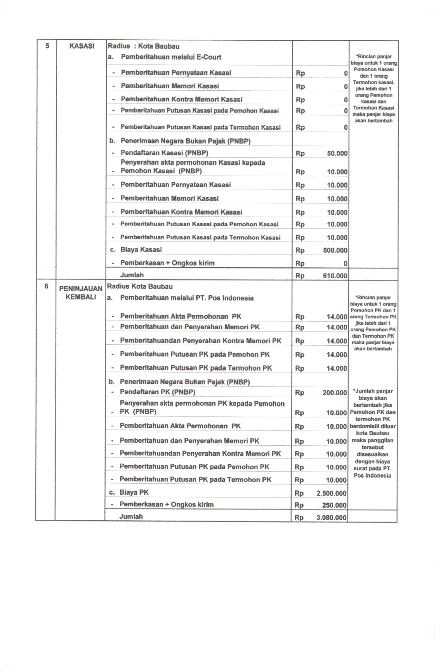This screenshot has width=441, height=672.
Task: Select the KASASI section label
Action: pyautogui.click(x=82, y=46)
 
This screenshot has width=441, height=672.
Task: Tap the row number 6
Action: pyautogui.click(x=47, y=286)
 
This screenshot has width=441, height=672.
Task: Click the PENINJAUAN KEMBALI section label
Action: pyautogui.click(x=81, y=293)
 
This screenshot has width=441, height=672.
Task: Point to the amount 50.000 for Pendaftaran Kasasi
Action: pyautogui.click(x=337, y=154)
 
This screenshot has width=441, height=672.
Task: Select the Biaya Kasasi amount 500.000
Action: pyautogui.click(x=335, y=250)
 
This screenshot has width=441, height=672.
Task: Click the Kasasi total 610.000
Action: pyautogui.click(x=335, y=276)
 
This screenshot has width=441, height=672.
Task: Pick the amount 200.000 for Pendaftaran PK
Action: pyautogui.click(x=334, y=393)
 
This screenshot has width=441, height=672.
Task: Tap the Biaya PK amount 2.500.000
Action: pyautogui.click(x=331, y=493)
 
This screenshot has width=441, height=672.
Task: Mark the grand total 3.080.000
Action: pyautogui.click(x=331, y=518)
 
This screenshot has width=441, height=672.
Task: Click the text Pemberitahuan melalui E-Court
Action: pyautogui.click(x=171, y=57)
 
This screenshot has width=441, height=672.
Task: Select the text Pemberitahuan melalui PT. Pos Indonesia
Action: pyautogui.click(x=187, y=298)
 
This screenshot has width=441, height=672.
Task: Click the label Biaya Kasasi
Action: pyautogui.click(x=141, y=250)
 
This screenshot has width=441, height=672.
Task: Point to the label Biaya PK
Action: pyautogui.click(x=134, y=493)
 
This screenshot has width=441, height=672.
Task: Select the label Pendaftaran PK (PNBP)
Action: pyautogui.click(x=157, y=392)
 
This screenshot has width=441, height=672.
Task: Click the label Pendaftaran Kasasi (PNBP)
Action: pyautogui.click(x=164, y=153)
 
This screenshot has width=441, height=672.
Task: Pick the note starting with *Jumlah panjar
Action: pyautogui.click(x=372, y=433)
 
